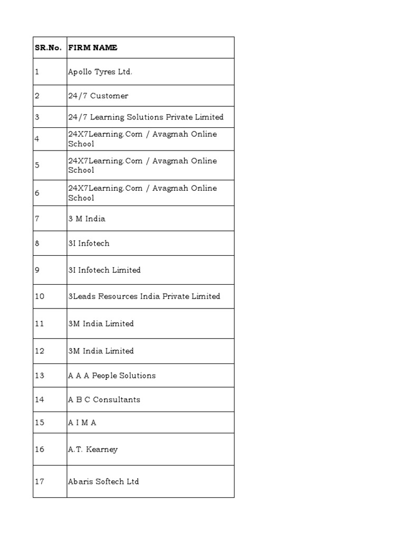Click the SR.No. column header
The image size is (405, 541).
[48, 48]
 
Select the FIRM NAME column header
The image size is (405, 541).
[92, 48]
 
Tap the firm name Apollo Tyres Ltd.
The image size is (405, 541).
[100, 72]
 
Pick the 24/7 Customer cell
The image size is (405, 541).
[98, 96]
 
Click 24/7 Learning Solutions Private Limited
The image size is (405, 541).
[146, 117]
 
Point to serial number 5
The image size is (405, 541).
[37, 165]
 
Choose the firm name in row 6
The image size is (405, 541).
[142, 193]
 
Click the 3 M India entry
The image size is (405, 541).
[86, 218]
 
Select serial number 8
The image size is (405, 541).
[37, 243]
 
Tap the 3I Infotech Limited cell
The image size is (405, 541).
[104, 270]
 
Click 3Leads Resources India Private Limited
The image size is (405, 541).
[144, 296]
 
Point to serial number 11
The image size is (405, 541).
[40, 323]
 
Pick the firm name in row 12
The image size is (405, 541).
[101, 351]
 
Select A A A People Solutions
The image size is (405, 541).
[112, 376]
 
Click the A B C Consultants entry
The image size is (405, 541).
[104, 399]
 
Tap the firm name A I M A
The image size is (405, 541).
[82, 423]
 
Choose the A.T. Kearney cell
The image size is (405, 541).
[93, 450]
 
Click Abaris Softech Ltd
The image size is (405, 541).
[103, 481]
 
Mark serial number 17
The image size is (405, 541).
[40, 481]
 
